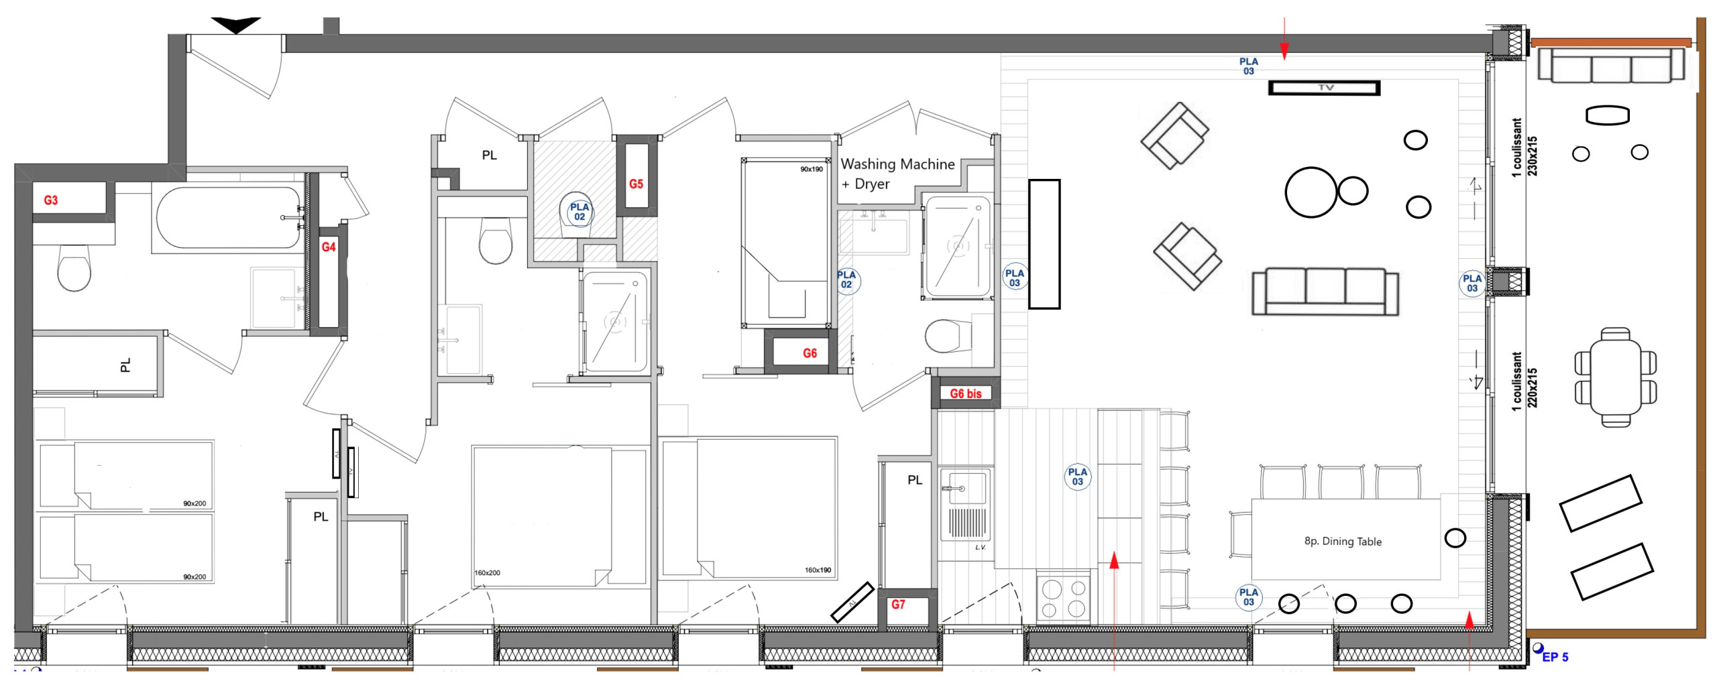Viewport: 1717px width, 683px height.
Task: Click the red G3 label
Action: point(51,200)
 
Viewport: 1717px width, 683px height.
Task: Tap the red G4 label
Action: point(328,247)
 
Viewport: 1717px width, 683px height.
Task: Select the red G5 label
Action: point(636,184)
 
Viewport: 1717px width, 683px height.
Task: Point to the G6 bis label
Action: point(965,393)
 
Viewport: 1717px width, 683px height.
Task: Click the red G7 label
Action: point(898,605)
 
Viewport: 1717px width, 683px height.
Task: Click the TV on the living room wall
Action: point(1324,88)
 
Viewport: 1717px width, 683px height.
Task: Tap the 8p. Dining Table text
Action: point(1343,542)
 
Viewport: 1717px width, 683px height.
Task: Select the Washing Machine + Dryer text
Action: point(897,174)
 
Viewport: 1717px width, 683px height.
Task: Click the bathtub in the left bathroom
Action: point(229,218)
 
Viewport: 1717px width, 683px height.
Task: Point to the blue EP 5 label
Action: point(1555,657)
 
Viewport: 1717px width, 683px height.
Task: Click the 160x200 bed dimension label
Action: point(487,573)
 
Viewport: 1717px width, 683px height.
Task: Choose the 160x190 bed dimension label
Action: point(818,570)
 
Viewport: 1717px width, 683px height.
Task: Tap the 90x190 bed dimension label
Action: point(812,169)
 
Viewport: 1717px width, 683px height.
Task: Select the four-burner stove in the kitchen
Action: point(1063,598)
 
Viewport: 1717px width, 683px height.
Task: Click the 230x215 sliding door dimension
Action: point(1532,156)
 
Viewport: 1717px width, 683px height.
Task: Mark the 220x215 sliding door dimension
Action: point(1532,387)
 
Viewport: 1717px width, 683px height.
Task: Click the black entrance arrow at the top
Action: point(236,25)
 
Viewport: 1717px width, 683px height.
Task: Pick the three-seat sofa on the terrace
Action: point(1610,66)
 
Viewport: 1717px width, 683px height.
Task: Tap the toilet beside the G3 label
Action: point(74,267)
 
